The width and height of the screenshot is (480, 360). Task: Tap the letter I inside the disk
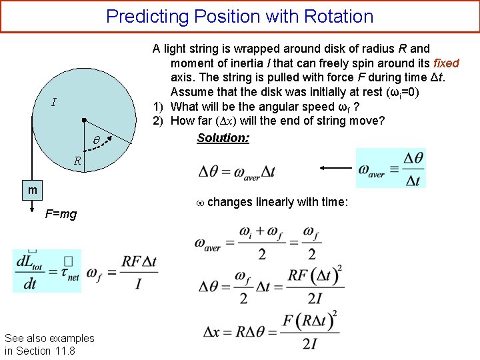(x=53, y=103)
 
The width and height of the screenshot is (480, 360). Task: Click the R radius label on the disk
(x=77, y=161)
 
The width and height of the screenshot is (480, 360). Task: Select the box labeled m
(x=32, y=191)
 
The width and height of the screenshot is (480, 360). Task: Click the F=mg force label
(x=61, y=214)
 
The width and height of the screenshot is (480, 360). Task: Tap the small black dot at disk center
(x=83, y=121)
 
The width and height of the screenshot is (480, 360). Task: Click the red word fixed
(x=446, y=63)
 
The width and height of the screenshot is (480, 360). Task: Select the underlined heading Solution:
(x=223, y=138)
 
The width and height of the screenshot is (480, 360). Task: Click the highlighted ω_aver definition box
(x=391, y=168)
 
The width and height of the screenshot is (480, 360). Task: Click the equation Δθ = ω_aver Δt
(x=237, y=171)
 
